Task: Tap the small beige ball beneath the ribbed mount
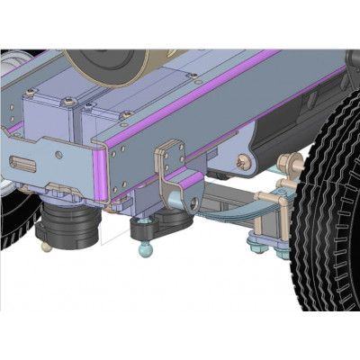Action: point(46,245)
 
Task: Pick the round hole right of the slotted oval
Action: point(59,155)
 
